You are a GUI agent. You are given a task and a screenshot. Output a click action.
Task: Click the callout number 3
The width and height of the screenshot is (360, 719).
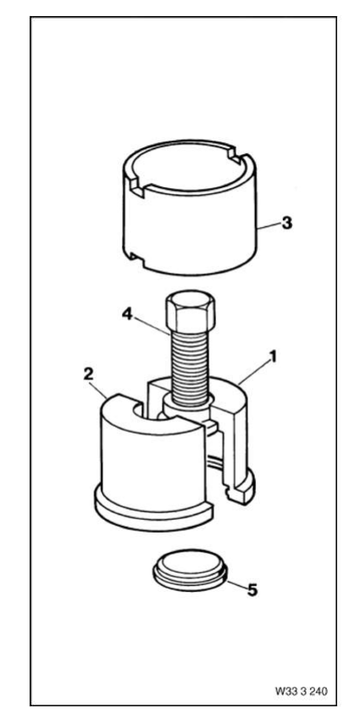coord(286,224)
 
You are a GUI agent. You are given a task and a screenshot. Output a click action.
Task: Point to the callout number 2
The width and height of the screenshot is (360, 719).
coord(88,373)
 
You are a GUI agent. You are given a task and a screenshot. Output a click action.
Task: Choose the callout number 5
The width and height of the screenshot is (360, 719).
coord(252,590)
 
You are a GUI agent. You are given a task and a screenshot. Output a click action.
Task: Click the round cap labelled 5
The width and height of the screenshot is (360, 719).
coord(190,570)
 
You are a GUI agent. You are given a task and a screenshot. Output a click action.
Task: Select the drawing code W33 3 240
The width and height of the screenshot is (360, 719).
coord(302,690)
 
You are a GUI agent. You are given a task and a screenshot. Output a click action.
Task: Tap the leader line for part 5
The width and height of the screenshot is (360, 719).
coord(236,584)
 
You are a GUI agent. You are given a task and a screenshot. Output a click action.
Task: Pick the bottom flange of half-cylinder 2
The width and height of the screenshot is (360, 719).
coord(153,509)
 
